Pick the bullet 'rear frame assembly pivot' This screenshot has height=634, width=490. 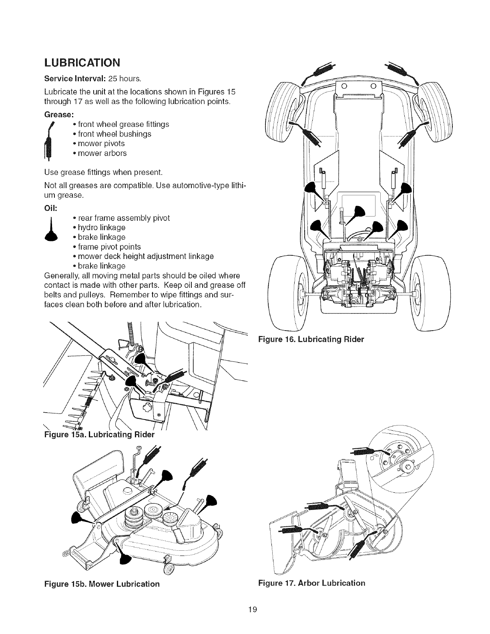(124, 218)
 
